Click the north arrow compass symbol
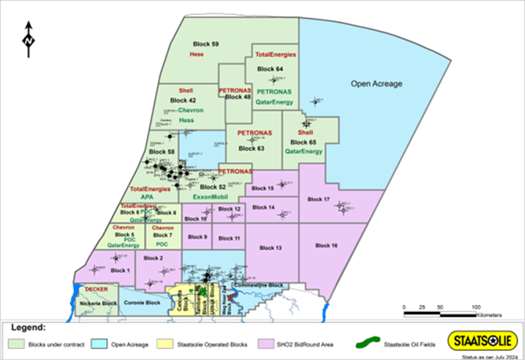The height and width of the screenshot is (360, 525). click(28, 40)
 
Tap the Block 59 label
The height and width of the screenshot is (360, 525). click(207, 43)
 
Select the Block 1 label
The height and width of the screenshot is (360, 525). click(119, 270)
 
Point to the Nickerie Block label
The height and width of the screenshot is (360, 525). click(100, 303)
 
